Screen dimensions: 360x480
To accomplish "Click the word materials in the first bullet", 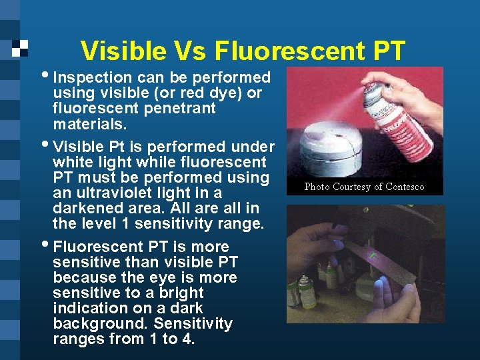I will coord(85,124).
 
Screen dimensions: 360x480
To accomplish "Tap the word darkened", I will coord(85,209).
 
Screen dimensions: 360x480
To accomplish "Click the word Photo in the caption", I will coord(318,187).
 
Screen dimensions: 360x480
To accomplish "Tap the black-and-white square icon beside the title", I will coord(20,49).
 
